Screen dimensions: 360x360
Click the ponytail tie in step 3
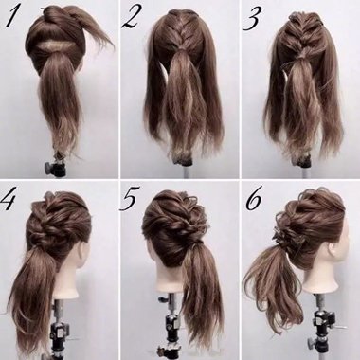[298, 68]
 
